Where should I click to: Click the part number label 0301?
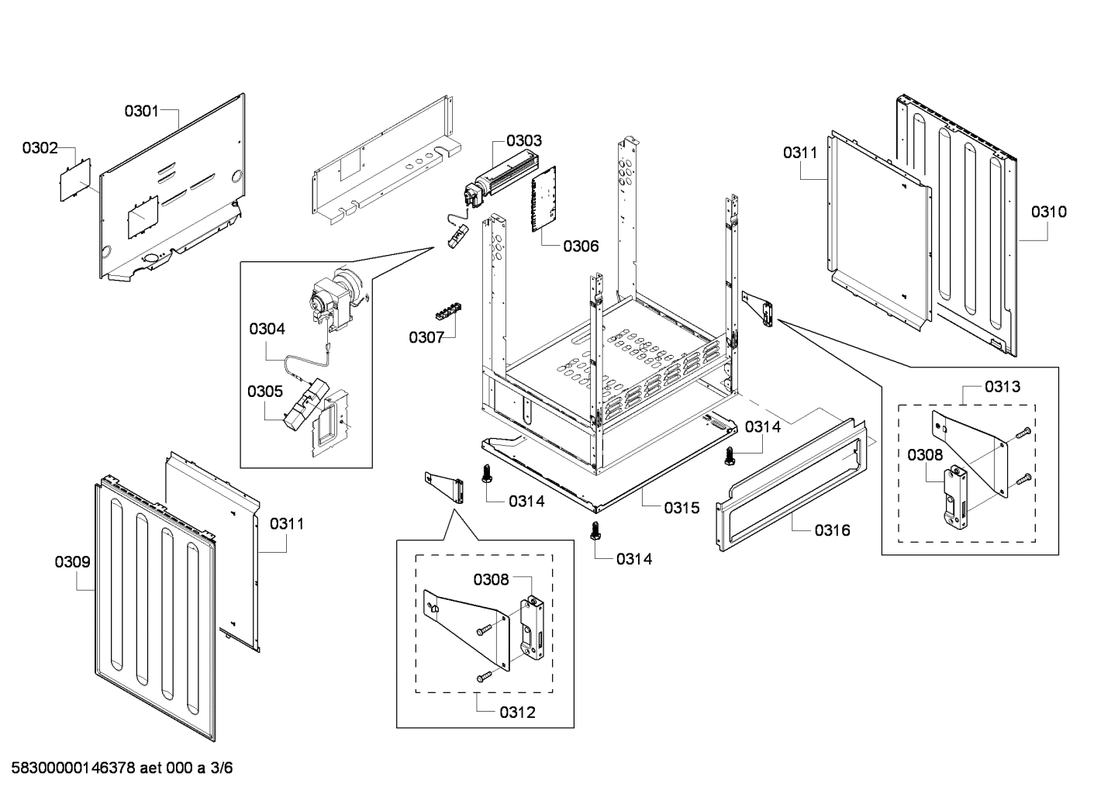(141, 111)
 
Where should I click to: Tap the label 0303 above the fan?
(524, 140)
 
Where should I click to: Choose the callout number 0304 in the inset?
(267, 329)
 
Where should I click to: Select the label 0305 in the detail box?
(265, 391)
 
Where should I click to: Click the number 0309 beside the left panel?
(72, 562)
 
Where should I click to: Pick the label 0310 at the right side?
(1048, 212)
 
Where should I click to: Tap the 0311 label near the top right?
(799, 153)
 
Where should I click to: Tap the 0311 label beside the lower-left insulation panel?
(287, 524)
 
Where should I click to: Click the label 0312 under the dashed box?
(517, 712)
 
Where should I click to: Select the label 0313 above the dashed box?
(1002, 386)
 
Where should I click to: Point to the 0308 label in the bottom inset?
(492, 579)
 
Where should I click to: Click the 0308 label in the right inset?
(925, 455)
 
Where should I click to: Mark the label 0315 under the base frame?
(681, 508)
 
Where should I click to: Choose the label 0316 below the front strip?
(832, 530)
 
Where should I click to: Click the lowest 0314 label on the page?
(634, 558)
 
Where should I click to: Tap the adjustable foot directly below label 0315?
(595, 530)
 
